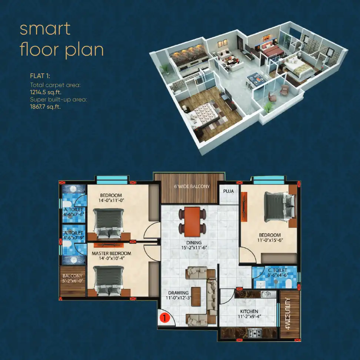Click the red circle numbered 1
[164, 318]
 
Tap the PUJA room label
[229, 191]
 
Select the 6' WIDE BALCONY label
[192, 186]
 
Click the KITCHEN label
[249, 311]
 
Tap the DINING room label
[194, 243]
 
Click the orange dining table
[192, 222]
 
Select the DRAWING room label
[179, 293]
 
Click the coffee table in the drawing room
[196, 297]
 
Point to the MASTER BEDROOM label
[111, 253]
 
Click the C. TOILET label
[277, 270]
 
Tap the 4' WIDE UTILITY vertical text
[288, 313]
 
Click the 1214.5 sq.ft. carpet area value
[46, 92]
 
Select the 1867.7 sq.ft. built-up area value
[45, 107]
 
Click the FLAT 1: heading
[40, 76]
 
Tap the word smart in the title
[45, 29]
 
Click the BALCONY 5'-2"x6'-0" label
[73, 278]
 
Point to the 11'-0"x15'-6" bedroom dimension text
[270, 240]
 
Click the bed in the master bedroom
[109, 281]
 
